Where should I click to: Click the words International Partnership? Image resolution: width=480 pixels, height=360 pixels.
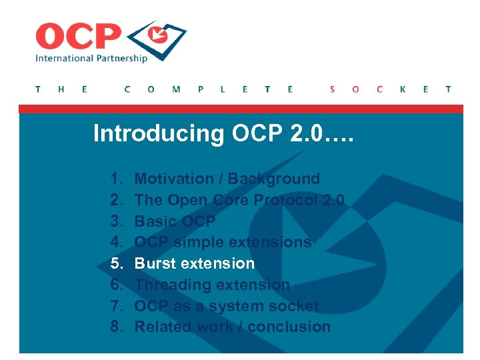point(91,58)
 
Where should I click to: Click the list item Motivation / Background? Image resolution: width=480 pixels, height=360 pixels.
point(227,179)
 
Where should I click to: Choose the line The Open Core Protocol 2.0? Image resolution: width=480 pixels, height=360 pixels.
point(239,200)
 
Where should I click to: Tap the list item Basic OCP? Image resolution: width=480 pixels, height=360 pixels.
point(175,221)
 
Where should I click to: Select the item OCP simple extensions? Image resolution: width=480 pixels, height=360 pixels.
point(223,242)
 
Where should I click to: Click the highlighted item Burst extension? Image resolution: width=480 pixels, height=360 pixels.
point(195,263)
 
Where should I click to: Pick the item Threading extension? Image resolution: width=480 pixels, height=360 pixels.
point(212,285)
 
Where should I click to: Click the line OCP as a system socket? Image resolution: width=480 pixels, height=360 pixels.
point(227,306)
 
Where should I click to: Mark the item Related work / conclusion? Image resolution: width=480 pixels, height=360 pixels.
point(233,327)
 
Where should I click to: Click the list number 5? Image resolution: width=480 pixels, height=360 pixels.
point(117,263)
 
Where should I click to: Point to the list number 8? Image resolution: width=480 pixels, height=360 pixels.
point(117,327)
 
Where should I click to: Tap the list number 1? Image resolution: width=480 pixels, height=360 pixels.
point(117,179)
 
